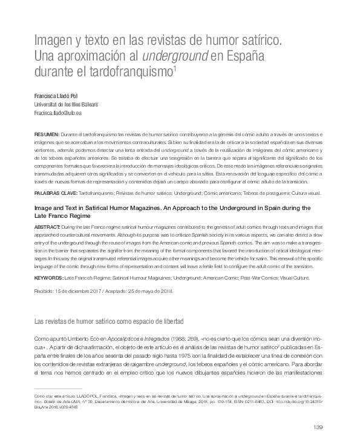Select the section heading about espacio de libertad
click(x=110, y=321)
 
